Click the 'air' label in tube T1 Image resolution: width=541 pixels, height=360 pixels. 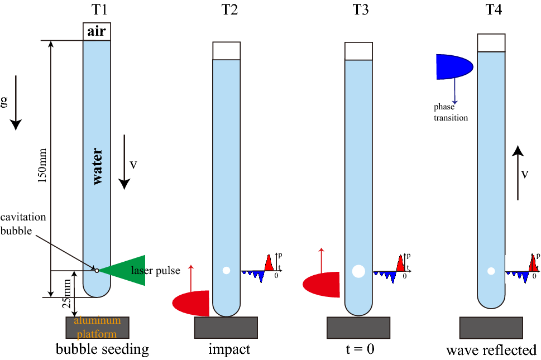97,32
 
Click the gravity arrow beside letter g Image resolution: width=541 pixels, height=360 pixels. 16,103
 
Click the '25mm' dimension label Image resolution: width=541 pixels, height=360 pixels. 68,294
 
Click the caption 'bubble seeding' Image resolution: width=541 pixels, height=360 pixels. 102,350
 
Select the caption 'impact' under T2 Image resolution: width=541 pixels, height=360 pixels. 229,350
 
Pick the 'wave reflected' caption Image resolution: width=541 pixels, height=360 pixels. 491,351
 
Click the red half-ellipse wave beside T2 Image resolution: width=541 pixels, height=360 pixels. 191,302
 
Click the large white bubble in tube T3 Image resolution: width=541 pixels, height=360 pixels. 358,271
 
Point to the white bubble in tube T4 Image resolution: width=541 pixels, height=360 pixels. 491,271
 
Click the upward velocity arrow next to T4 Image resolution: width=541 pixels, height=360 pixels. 518,172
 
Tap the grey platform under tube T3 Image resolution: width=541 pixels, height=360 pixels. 358,328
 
